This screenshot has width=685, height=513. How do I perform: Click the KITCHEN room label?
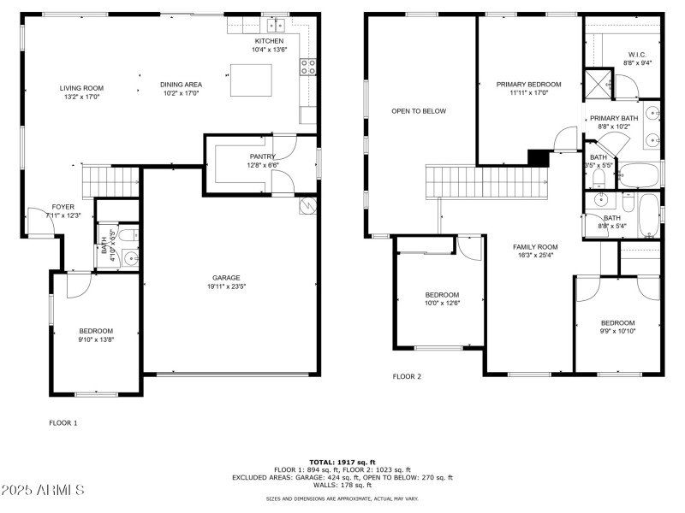coord(269,41)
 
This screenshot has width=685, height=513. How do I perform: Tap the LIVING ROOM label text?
coord(81,88)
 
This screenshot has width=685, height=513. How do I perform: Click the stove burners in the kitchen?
coord(307,67)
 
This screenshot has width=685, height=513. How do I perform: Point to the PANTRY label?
coord(262,156)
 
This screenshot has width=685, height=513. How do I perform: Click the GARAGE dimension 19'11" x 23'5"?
coord(226,287)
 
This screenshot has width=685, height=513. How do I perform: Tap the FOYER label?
coord(63,207)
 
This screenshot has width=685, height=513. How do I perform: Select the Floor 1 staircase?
coord(110,181)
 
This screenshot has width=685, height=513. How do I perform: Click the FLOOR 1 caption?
coord(63,422)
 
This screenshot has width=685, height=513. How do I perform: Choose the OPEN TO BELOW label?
coord(419,111)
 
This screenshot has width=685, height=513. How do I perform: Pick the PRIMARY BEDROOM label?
coord(528,85)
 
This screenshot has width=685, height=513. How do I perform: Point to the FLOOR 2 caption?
coord(408,376)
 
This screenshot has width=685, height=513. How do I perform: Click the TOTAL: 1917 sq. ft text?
coord(342,462)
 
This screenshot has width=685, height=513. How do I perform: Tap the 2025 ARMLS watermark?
coord(43,490)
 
